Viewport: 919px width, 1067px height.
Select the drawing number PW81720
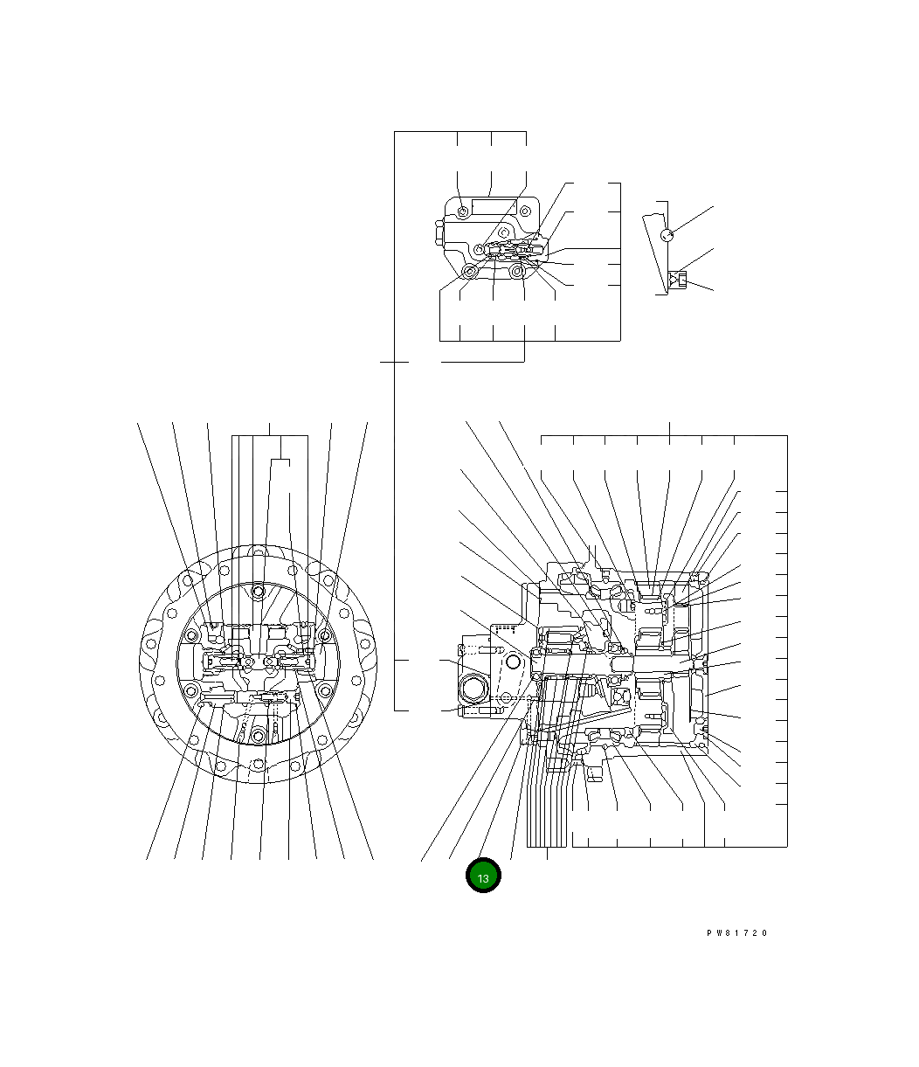pyautogui.click(x=736, y=932)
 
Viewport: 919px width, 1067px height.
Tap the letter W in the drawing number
pyautogui.click(x=719, y=932)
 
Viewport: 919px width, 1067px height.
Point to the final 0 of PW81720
pyautogui.click(x=764, y=932)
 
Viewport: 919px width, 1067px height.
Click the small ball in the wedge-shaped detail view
pyautogui.click(x=667, y=235)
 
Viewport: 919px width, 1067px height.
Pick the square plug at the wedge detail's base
pyautogui.click(x=681, y=281)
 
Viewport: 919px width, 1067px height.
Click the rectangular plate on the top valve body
pyautogui.click(x=494, y=207)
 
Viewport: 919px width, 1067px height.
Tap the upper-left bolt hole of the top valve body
pyautogui.click(x=463, y=211)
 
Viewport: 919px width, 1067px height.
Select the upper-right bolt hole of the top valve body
pyautogui.click(x=525, y=211)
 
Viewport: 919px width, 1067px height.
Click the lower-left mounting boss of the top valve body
pyautogui.click(x=470, y=271)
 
